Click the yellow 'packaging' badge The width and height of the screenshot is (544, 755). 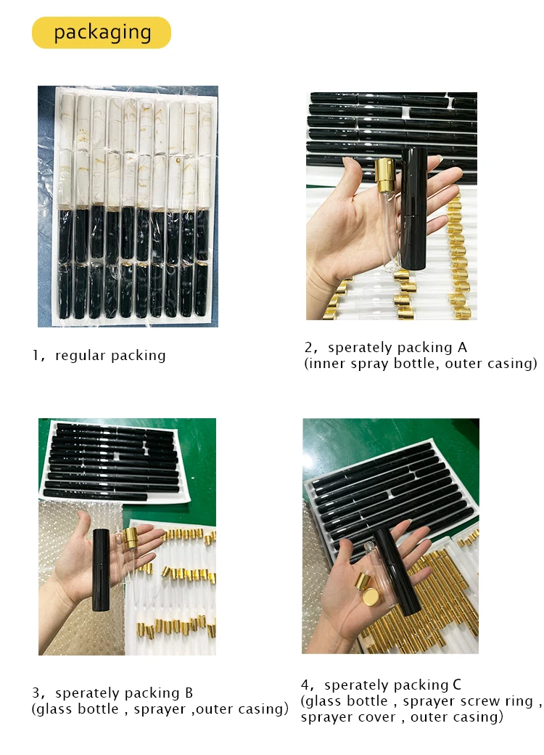pos(101,32)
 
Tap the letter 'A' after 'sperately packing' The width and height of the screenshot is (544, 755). pos(462,347)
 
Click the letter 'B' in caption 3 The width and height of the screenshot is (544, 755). pos(189,693)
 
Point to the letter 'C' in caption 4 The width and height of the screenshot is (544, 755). pos(457,685)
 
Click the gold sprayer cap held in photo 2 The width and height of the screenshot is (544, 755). pos(385,175)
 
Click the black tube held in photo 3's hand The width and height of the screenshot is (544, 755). pos(101,570)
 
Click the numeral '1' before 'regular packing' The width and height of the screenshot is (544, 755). pos(35,355)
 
